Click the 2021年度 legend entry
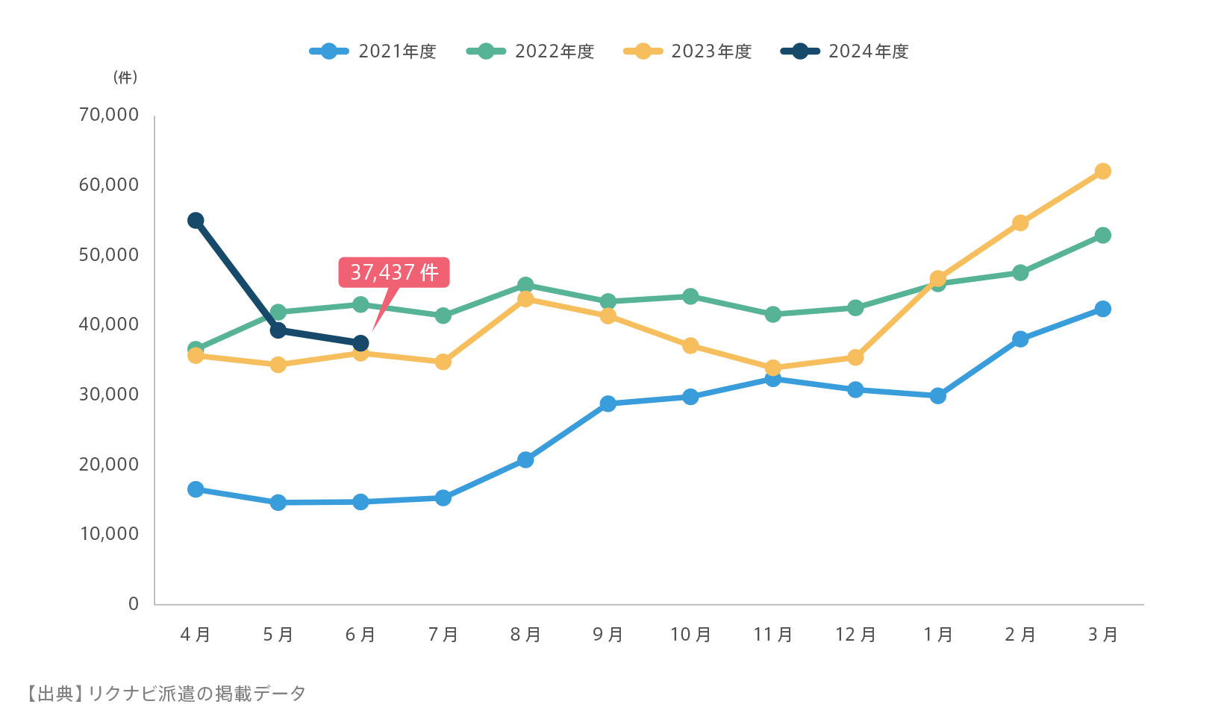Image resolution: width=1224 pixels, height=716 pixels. (373, 51)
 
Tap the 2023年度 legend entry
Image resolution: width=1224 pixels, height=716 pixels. (687, 51)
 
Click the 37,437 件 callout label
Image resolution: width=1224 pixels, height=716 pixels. (394, 272)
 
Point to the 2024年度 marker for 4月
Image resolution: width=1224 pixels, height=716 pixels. (196, 220)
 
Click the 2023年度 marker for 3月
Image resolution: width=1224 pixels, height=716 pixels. (1102, 172)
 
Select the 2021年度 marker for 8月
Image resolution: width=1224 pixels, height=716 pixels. (525, 459)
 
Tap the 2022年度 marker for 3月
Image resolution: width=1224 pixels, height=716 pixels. (1102, 235)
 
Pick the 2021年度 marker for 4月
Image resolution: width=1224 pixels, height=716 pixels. (196, 489)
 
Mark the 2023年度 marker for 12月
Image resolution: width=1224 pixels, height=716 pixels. (855, 357)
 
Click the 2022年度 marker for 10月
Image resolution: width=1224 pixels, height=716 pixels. (690, 296)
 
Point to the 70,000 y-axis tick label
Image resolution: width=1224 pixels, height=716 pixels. (109, 114)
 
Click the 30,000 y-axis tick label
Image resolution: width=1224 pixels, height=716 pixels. (109, 394)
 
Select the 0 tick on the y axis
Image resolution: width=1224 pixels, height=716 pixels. (134, 603)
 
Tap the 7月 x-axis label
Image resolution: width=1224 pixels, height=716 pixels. (443, 635)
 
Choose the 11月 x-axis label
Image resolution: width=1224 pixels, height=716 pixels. (773, 635)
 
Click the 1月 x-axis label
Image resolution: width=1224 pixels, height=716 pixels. (938, 635)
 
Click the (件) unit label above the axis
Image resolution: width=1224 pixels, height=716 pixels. (125, 78)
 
